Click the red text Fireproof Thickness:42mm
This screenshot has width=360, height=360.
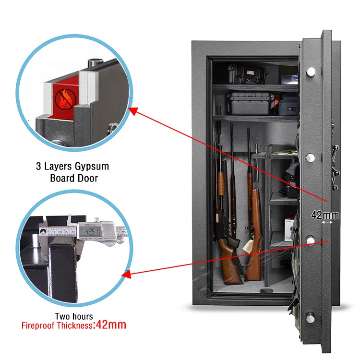[x=73, y=325]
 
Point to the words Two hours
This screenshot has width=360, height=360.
[x=73, y=316]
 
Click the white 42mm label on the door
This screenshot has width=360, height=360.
[x=325, y=216]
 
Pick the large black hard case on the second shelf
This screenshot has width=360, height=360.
[x=251, y=103]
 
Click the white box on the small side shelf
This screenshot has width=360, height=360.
[x=289, y=225]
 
